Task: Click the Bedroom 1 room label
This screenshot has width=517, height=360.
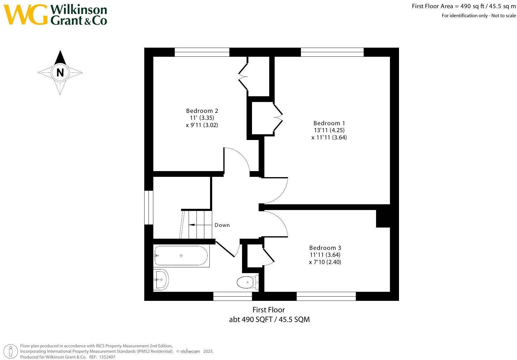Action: [x=329, y=123]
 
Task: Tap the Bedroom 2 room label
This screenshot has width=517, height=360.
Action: [x=202, y=111]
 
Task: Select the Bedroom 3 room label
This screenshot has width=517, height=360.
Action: [x=325, y=248]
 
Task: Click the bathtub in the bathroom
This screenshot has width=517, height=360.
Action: [x=181, y=256]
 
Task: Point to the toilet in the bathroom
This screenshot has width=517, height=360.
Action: [x=247, y=282]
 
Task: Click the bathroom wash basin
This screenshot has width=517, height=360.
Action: [x=161, y=279]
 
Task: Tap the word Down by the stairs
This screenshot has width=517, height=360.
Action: [x=222, y=225]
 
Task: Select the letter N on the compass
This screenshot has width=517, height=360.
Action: [x=60, y=72]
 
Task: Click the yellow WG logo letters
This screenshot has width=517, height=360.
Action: [x=26, y=14]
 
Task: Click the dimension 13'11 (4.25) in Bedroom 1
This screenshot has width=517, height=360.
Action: [x=329, y=130]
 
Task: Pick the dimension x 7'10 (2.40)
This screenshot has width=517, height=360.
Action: [x=325, y=262]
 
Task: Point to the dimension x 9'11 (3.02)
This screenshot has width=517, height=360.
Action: [x=202, y=125]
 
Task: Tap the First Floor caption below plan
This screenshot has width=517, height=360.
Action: [x=269, y=310]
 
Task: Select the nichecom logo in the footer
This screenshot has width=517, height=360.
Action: [x=190, y=351]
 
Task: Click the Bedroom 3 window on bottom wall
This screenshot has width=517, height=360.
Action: [x=326, y=296]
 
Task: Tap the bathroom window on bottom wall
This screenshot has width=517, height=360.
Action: [x=232, y=296]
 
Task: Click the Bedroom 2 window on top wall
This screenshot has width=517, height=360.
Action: [x=202, y=52]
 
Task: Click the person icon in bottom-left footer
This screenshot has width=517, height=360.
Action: [x=11, y=351]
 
